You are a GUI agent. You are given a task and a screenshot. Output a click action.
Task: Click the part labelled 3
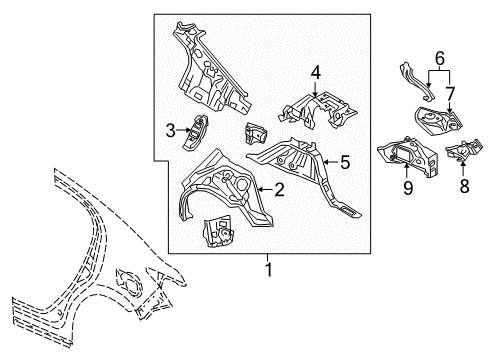[198, 130]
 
